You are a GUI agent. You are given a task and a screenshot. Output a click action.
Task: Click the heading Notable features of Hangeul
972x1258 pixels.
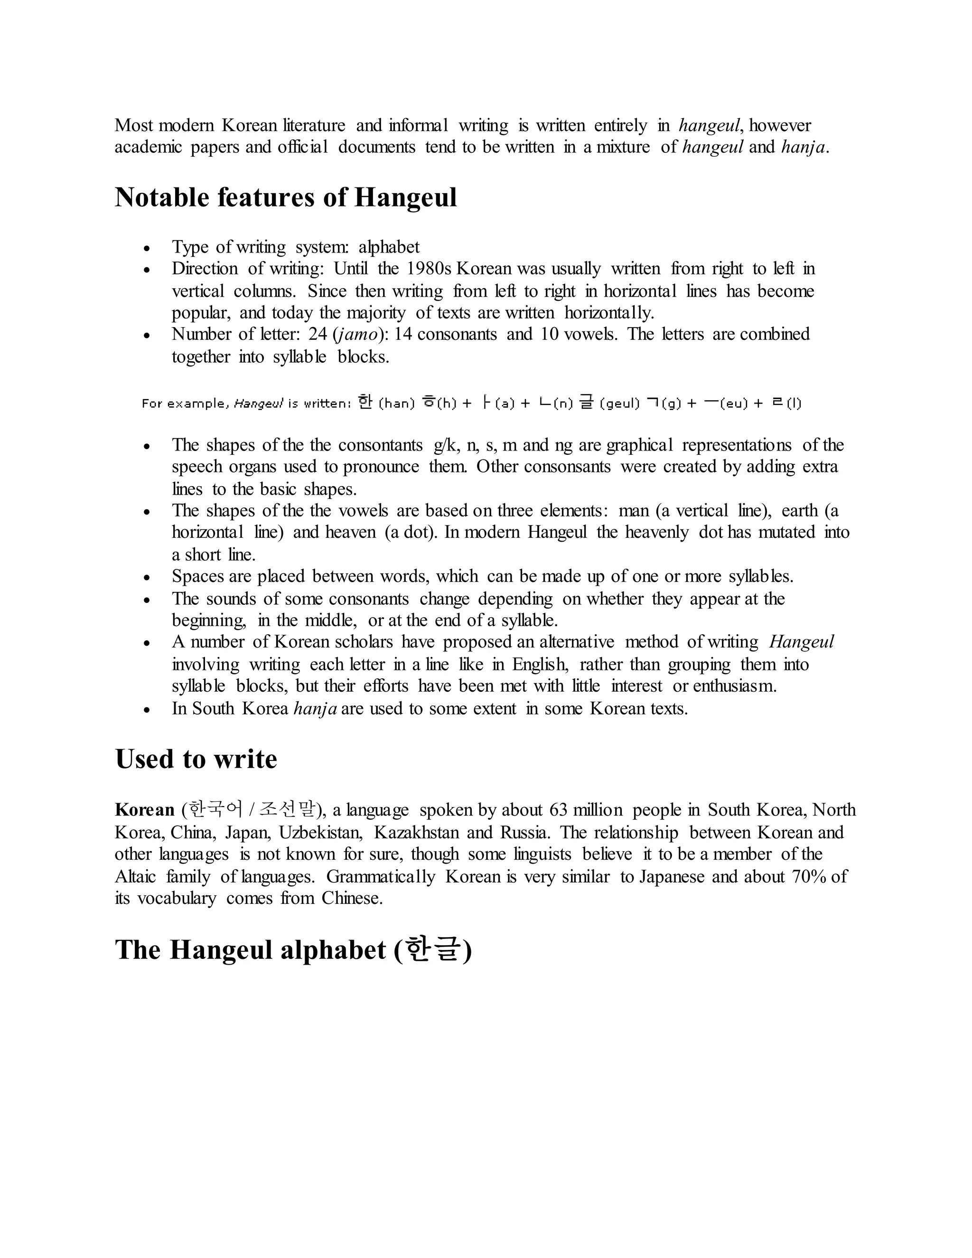(x=286, y=197)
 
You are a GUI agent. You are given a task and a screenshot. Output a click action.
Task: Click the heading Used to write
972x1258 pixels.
(x=196, y=759)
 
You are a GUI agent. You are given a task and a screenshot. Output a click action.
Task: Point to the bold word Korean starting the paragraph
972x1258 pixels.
(x=145, y=810)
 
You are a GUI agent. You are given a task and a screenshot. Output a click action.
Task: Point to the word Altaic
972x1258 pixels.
(x=135, y=877)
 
